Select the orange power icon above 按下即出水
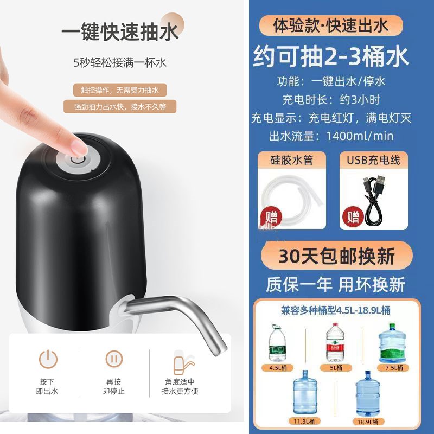pos(47,359)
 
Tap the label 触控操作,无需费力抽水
pos(120,90)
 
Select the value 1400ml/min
pos(361,136)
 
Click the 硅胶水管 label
pos(291,159)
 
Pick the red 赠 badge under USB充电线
pos(353,218)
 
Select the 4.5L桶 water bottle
pos(277,343)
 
